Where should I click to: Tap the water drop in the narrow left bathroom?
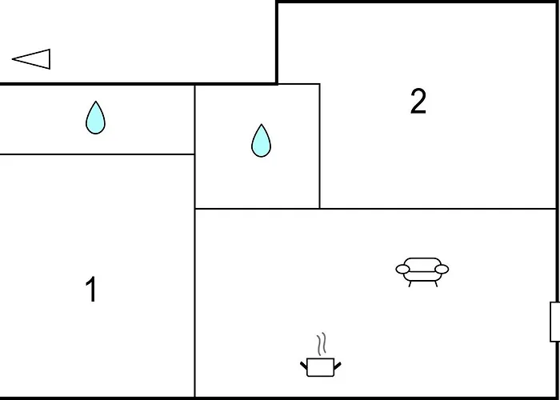pos(95,118)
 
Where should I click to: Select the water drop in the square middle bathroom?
pos(261,141)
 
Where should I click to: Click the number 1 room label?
pos(91,290)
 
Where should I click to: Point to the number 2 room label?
pos(418,102)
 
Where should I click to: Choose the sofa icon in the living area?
pos(422,272)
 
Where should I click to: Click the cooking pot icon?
pos(320,367)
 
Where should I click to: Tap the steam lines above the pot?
pos(322,344)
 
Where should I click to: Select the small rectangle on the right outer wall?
pos(554,322)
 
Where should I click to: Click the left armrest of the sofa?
pos(403,270)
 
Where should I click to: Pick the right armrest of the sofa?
pos(442,270)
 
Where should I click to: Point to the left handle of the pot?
pos(303,366)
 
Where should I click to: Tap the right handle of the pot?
pos(337,366)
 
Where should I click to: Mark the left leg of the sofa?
pos(410,284)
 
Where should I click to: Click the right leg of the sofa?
pos(436,284)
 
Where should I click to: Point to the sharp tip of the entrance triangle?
pos(13,59)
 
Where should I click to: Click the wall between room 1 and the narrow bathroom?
pos(97,154)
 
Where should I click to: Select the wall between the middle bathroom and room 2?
pos(320,146)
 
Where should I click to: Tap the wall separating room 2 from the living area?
pos(438,209)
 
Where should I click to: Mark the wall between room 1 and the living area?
pos(194,303)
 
